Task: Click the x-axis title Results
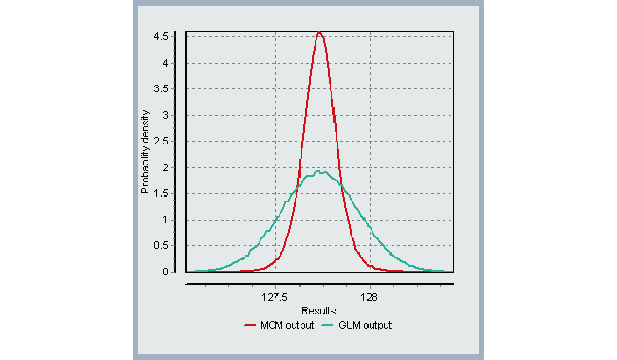(x=319, y=311)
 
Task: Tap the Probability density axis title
(x=145, y=152)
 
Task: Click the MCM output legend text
(x=287, y=325)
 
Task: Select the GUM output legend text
(x=365, y=325)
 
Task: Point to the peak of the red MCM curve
(x=319, y=33)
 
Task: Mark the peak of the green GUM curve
(x=318, y=171)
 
